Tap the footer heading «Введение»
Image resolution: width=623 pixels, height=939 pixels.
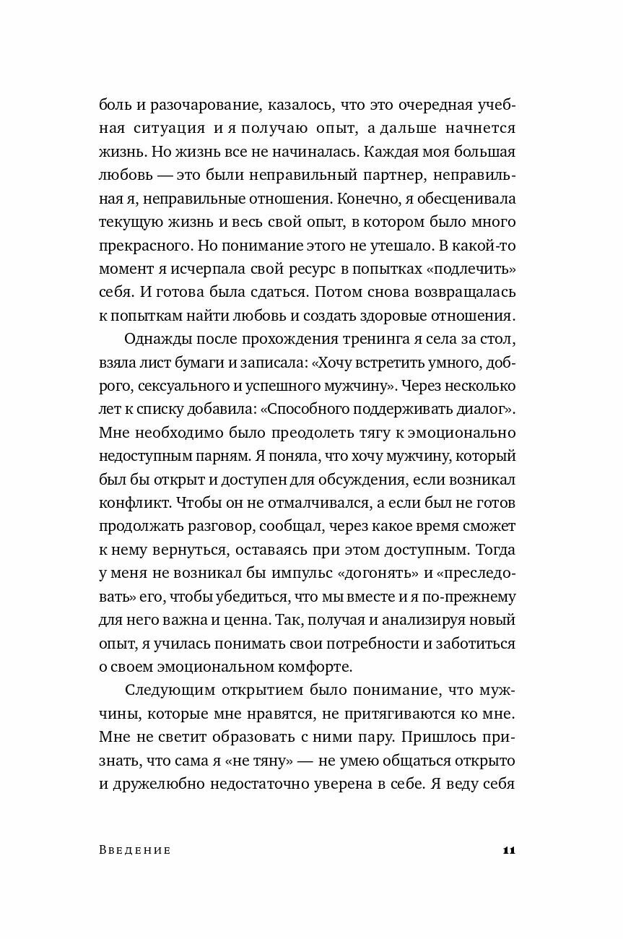click(134, 850)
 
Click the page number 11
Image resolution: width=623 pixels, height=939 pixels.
click(507, 850)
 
